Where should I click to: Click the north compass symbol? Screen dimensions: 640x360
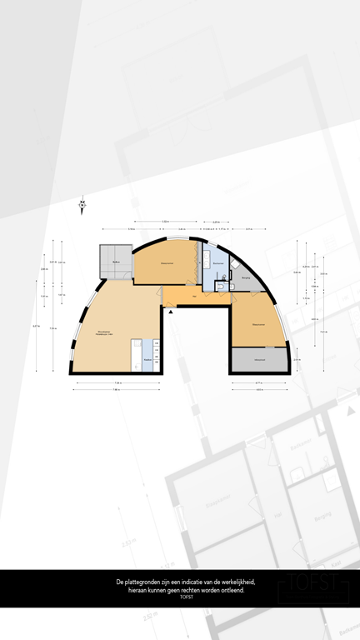(82, 203)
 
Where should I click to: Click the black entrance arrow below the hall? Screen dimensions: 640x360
(171, 311)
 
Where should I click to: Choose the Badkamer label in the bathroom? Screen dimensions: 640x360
(217, 263)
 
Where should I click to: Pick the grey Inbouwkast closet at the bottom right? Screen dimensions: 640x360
(259, 359)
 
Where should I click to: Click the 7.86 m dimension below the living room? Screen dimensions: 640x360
(117, 389)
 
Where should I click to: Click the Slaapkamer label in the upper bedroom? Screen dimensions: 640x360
(167, 264)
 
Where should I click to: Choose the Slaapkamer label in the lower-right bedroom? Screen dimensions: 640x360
(259, 324)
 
